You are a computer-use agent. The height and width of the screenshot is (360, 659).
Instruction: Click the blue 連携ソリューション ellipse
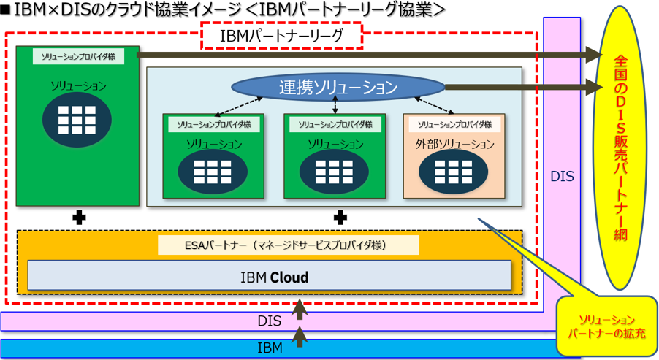338,88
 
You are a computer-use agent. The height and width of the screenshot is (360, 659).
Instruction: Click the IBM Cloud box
270,277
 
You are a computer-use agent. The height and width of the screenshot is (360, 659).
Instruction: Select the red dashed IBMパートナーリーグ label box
281,35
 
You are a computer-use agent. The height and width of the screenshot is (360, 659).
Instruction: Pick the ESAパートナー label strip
288,245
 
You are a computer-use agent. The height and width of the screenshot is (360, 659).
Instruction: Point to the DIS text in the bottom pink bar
269,321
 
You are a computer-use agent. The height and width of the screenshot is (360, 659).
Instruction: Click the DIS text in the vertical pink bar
562,177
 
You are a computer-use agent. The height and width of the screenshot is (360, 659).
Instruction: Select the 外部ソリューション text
454,145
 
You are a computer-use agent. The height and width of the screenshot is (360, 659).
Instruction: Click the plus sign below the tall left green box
77,217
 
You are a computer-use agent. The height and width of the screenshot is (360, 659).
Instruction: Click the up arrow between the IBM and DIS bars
298,335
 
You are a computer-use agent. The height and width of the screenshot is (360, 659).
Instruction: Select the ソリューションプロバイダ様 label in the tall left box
78,56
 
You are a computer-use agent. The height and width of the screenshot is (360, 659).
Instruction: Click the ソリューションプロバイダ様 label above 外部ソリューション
454,124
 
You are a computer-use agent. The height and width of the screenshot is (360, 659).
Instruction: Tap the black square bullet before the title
7,9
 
